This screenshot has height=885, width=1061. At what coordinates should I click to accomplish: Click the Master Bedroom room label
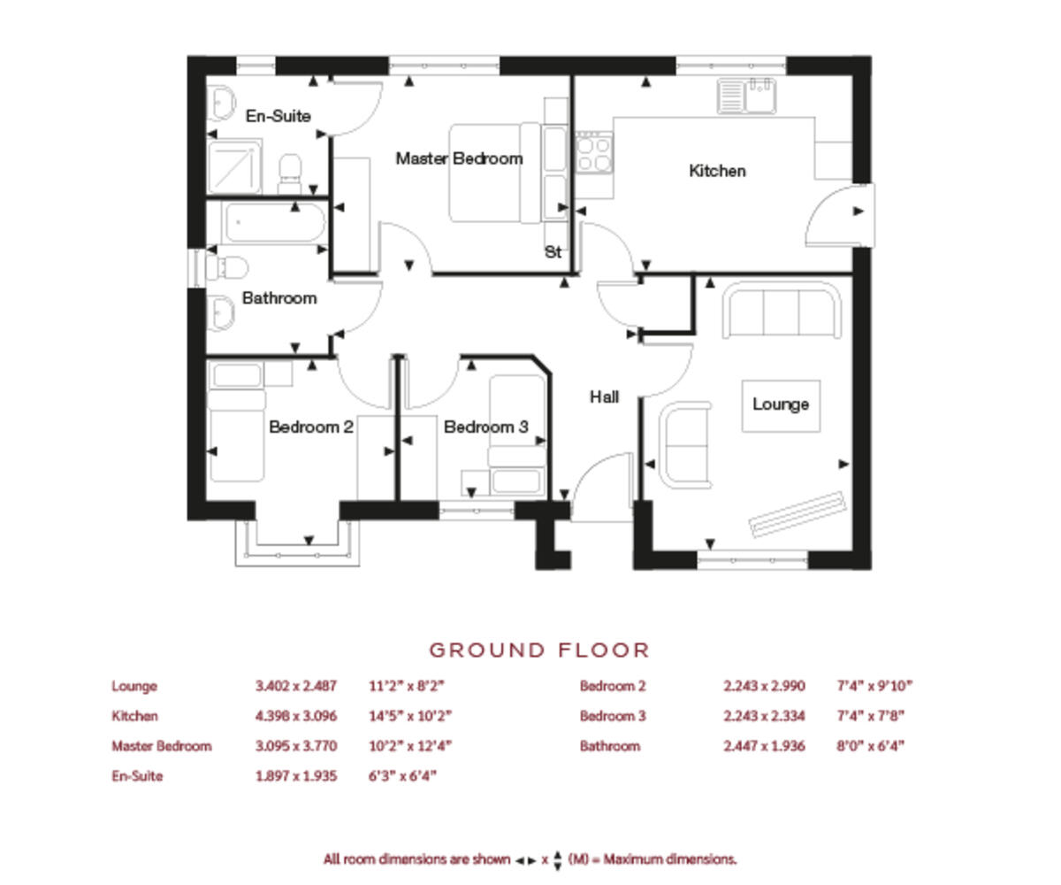coord(459,158)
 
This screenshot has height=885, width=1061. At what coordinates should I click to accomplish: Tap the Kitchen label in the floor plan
coord(717,171)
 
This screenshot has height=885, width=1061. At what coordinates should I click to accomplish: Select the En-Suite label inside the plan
coord(278,115)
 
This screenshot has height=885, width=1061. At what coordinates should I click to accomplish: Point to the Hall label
coord(604,397)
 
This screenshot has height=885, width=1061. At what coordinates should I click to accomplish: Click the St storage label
coord(553,252)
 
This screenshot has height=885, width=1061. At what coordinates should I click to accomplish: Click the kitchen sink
coord(747,96)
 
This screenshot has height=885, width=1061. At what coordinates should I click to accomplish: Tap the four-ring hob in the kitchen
coord(593,151)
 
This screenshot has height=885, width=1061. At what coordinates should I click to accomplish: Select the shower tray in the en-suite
coord(235,166)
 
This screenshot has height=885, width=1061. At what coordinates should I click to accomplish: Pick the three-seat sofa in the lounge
coord(781,311)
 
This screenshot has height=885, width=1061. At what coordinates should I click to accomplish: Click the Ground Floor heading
coord(539,650)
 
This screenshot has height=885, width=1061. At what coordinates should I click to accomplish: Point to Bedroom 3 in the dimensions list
coord(613,716)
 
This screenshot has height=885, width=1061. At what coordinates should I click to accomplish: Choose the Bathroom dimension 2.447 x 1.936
coord(764,746)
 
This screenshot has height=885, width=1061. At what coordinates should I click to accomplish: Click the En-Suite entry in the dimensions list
coord(137,776)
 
